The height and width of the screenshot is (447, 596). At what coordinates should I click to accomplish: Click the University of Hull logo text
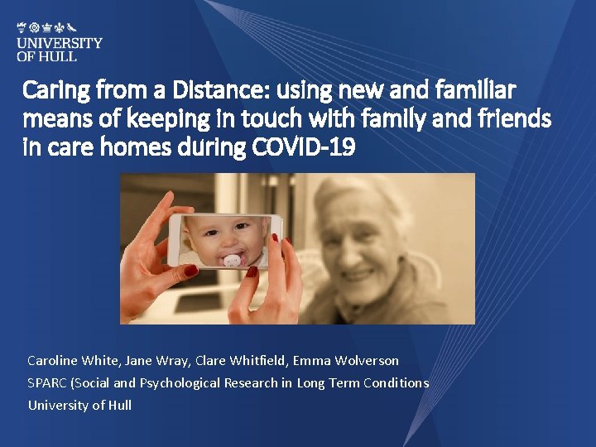(x=60, y=49)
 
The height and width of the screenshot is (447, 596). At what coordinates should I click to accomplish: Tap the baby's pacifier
(x=232, y=260)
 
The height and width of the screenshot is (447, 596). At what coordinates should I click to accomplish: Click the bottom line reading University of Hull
(x=79, y=406)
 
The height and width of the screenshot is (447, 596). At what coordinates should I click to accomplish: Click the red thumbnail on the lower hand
(x=252, y=271)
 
